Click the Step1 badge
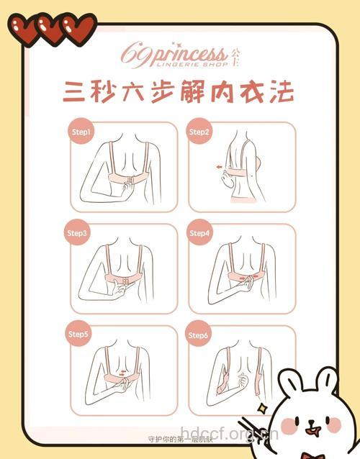coord(80,132)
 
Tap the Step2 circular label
coord(199,132)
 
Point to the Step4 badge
coord(199,234)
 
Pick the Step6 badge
coord(199,335)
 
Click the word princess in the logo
coord(188,54)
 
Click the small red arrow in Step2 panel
coord(219,166)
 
